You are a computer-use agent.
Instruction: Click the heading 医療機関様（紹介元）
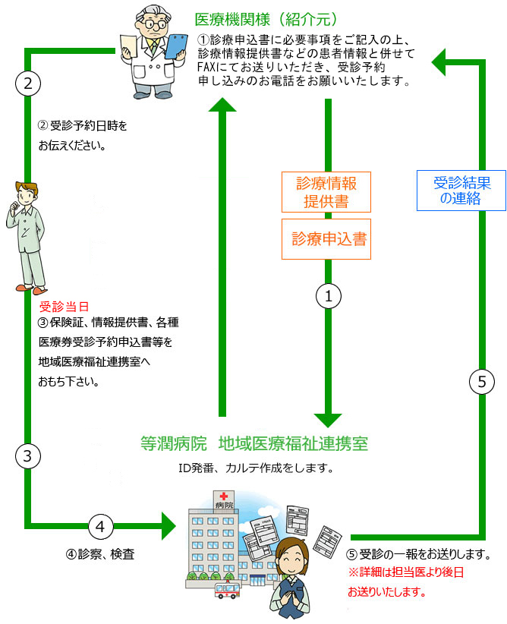click(x=266, y=19)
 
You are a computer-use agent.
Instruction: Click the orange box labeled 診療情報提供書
click(x=326, y=192)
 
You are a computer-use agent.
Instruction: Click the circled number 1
click(x=328, y=297)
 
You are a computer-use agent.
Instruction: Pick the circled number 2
click(x=27, y=83)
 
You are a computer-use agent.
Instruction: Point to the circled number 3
click(x=27, y=456)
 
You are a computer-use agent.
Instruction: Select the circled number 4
click(x=102, y=525)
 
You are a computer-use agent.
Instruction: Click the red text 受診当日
click(x=64, y=307)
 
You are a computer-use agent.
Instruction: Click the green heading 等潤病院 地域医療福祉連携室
click(x=254, y=443)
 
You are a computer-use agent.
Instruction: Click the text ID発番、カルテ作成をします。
click(x=256, y=468)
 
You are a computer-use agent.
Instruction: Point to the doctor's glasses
click(x=154, y=24)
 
